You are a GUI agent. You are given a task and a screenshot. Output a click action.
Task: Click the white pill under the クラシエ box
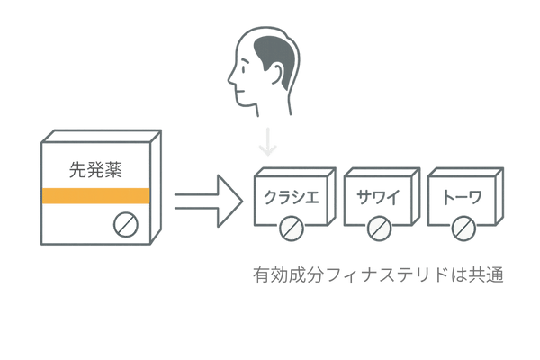tap(289, 229)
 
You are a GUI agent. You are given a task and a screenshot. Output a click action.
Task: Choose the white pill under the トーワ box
tap(463, 229)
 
